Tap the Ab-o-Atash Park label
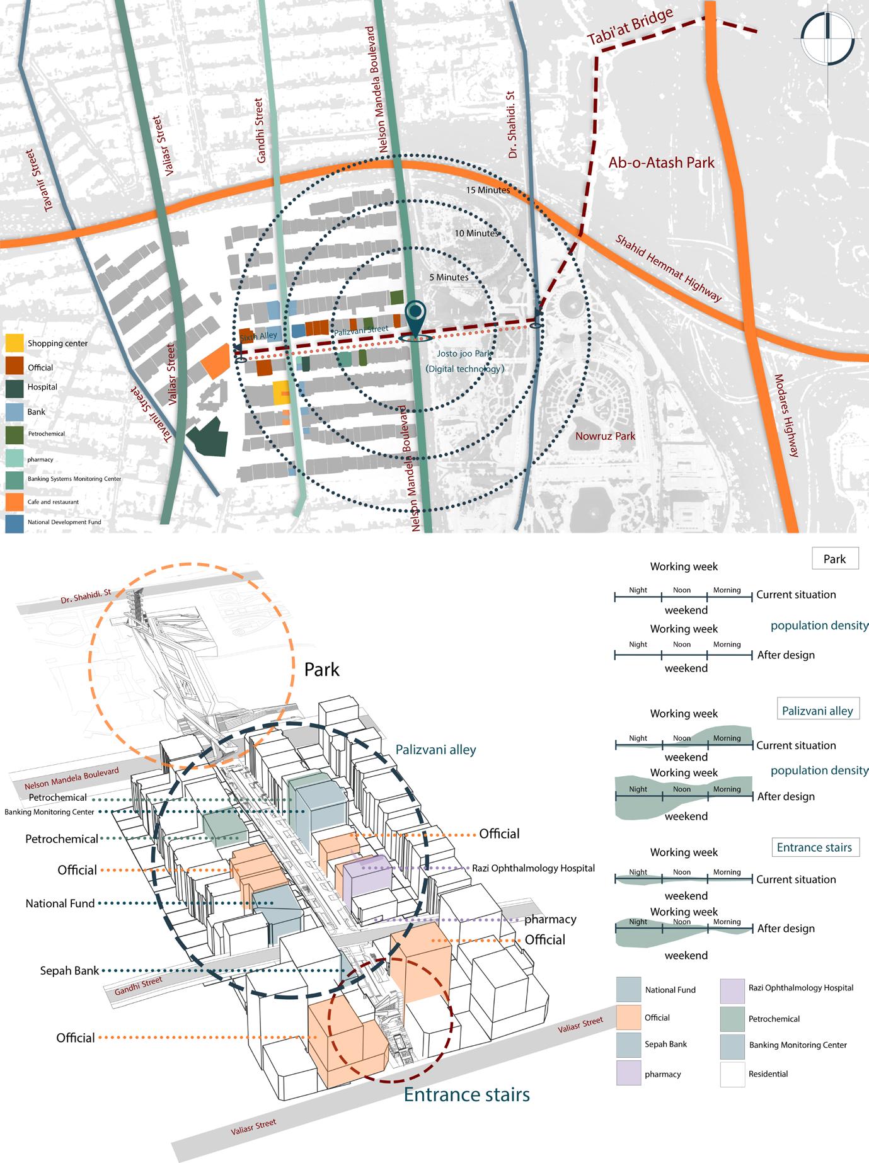tap(661, 163)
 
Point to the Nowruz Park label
tap(605, 436)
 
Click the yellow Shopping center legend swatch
tap(14, 343)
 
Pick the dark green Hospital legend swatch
tap(14, 387)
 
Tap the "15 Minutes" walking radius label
tap(488, 190)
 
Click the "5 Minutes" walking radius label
tap(449, 277)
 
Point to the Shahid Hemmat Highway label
tap(668, 268)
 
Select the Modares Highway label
tap(786, 416)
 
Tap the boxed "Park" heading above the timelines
tap(834, 559)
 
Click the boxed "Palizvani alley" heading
tap(817, 711)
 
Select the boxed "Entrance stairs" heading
tap(814, 847)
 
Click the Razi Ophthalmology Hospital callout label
tap(533, 868)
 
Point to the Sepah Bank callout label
tap(69, 971)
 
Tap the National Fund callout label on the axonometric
tap(60, 903)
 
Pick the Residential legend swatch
tap(732, 1074)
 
